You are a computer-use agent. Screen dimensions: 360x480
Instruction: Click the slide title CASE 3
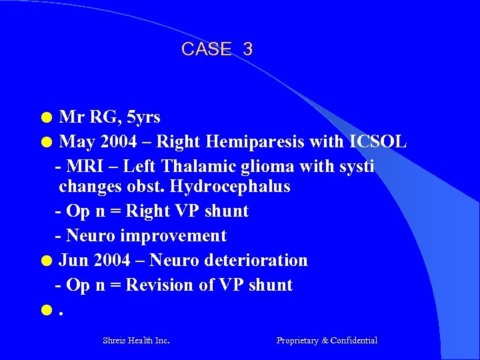217,49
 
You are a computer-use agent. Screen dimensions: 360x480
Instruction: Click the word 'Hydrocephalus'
230,186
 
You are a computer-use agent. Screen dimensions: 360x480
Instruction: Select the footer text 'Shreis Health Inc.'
136,341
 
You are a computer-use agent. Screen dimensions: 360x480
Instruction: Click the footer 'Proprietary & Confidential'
327,341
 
